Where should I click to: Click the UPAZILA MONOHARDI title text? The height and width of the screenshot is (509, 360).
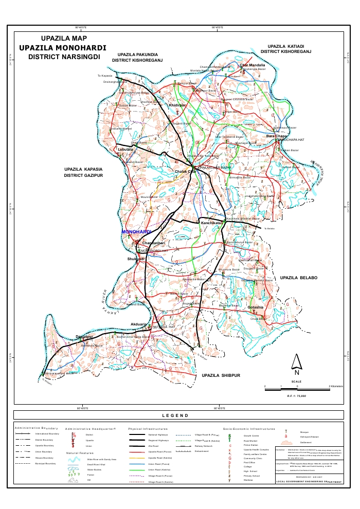click(x=62, y=47)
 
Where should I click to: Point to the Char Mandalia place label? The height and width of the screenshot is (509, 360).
click(x=253, y=65)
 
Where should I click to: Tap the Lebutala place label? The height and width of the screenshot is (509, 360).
click(x=125, y=149)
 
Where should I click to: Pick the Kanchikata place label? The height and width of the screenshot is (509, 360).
click(x=211, y=223)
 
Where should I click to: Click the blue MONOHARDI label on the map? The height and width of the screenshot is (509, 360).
click(x=136, y=232)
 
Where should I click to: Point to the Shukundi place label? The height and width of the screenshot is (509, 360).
click(x=136, y=259)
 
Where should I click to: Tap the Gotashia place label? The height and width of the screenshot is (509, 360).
click(x=255, y=307)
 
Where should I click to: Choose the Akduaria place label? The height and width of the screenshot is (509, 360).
click(x=138, y=324)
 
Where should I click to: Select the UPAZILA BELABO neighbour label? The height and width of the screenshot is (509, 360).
click(x=299, y=278)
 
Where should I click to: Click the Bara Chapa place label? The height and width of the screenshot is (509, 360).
click(x=276, y=136)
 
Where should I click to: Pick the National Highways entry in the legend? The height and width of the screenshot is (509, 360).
click(x=159, y=434)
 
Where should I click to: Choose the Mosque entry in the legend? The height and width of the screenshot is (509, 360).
click(x=304, y=432)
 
